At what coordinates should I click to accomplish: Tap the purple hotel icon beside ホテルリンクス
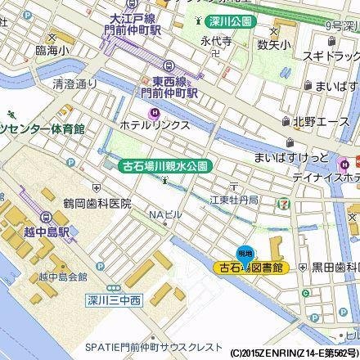tap(152, 112)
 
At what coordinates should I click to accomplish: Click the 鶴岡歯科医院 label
tap(97, 201)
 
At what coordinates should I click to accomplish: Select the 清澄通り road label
tap(74, 83)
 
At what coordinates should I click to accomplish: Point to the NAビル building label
tap(164, 214)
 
